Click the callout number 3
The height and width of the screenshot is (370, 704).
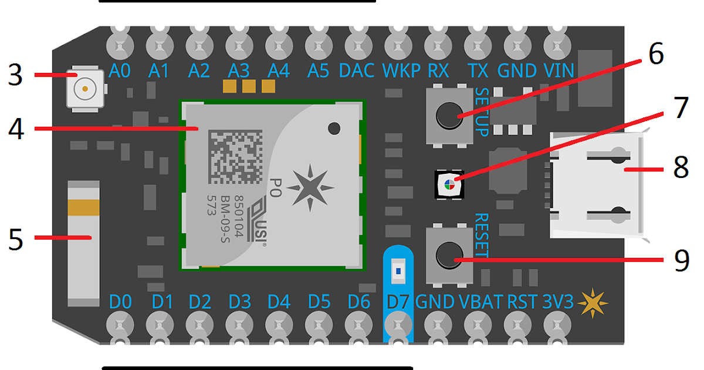(x=15, y=76)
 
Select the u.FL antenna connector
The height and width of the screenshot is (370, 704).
(x=86, y=90)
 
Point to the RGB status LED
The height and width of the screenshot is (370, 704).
(x=449, y=184)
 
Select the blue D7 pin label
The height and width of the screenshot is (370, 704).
(x=398, y=302)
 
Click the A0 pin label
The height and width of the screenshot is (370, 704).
(x=120, y=71)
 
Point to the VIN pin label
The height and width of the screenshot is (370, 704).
(x=559, y=71)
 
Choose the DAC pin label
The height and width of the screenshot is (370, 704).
(x=357, y=71)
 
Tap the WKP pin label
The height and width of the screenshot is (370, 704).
(x=401, y=71)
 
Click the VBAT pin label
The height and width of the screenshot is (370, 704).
(x=480, y=302)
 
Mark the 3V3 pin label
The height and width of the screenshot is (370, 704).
(x=558, y=302)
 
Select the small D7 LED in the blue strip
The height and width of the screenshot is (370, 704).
(x=398, y=271)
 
